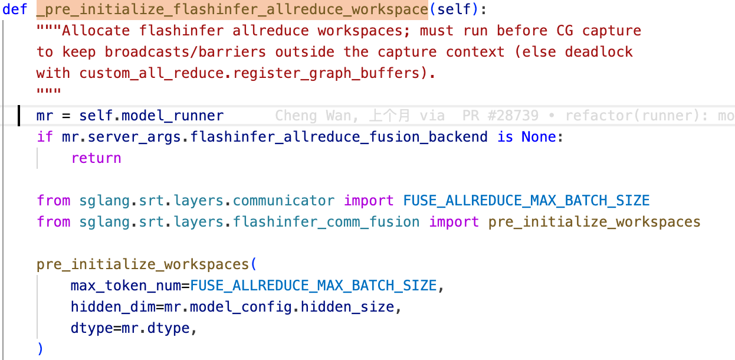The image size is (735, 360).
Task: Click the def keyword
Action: pos(15,9)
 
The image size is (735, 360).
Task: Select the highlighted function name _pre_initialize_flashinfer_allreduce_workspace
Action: pos(232,9)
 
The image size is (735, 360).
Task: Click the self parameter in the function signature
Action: pos(454,9)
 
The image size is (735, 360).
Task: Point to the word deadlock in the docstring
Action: pos(599,52)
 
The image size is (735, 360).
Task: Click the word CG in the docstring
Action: pos(565,31)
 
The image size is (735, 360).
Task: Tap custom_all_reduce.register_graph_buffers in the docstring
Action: pos(250,73)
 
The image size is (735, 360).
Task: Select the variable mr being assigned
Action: pos(45,116)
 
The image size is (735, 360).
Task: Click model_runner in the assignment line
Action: pos(173,116)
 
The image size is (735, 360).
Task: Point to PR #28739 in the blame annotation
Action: pos(500,116)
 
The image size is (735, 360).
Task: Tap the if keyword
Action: pos(45,136)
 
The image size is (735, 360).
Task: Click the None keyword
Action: pos(539,136)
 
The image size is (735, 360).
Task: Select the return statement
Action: pos(96,158)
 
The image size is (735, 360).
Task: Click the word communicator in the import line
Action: pos(284,201)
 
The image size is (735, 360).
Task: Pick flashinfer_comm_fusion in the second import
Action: pos(326,222)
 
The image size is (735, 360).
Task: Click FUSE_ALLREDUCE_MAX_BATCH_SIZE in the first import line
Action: pos(526,201)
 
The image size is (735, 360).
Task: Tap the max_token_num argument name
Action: pos(126,286)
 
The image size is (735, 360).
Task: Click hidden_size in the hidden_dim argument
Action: pos(347,307)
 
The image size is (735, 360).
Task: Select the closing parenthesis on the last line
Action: pos(40,349)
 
